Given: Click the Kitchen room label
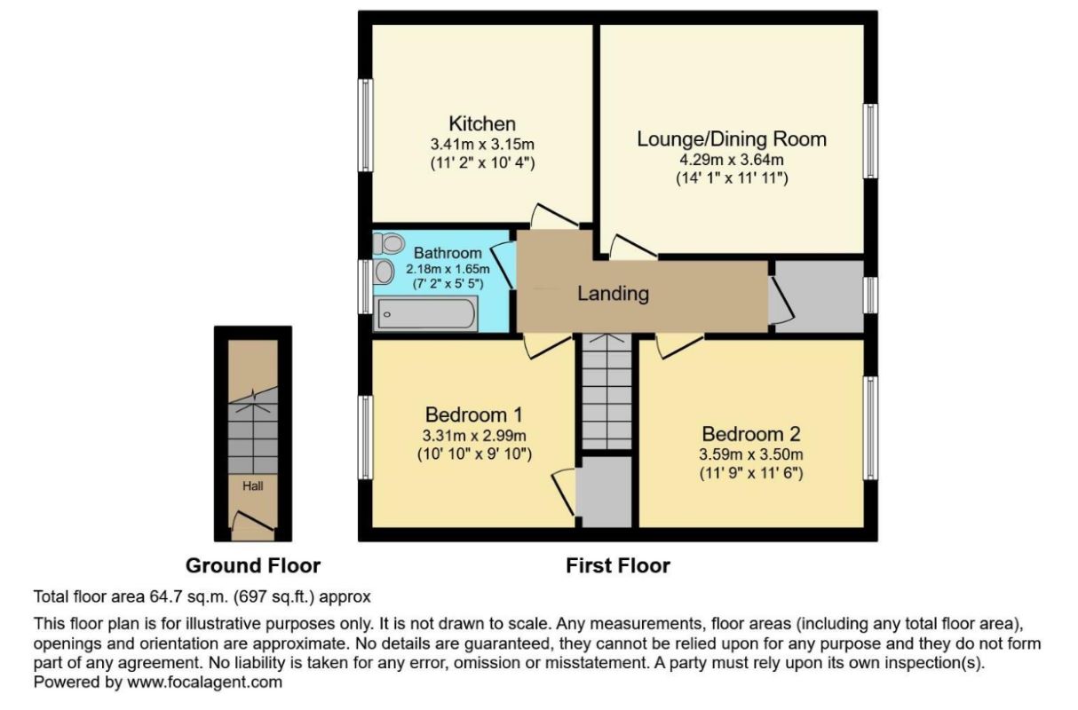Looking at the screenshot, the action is point(482,123).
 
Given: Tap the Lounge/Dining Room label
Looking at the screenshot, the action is point(732,139).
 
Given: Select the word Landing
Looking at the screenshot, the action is point(613,294).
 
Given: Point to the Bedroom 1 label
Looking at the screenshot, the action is point(473,414).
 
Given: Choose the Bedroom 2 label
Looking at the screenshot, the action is point(750,434).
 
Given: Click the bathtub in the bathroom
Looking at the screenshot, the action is point(425,314).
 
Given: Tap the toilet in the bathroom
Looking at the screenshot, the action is point(388,243).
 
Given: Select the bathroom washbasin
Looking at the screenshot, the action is point(384,272).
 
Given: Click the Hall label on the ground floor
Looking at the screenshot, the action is point(253,485).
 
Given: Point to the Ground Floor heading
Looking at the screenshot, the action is point(253,565).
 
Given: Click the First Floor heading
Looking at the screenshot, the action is point(618,565).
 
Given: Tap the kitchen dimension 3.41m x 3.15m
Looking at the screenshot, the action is point(482,145).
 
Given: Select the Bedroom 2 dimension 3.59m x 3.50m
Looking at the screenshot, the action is point(750,454).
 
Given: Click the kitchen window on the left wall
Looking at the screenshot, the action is point(365,125).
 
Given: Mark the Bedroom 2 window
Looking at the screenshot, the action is point(870,428).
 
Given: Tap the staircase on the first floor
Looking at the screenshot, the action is point(606,391).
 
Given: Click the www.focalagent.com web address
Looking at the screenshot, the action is point(204,682).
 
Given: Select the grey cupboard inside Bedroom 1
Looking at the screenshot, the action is point(604,492).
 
